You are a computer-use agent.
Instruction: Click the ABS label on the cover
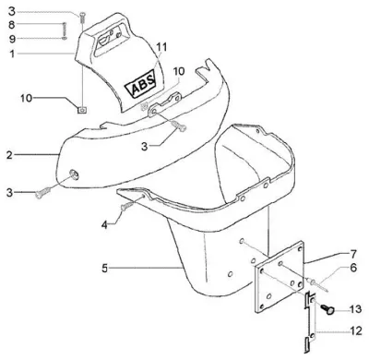(140, 84)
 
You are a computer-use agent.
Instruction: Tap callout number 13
(355, 308)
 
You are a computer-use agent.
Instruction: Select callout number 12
(356, 331)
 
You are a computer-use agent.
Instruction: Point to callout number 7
(353, 254)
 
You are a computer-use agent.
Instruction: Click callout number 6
(353, 268)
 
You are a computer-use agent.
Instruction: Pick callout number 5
(105, 269)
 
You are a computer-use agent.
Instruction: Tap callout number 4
(105, 225)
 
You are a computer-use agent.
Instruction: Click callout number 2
(10, 155)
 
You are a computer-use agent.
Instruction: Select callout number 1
(12, 54)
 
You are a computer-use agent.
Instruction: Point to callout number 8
(12, 25)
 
